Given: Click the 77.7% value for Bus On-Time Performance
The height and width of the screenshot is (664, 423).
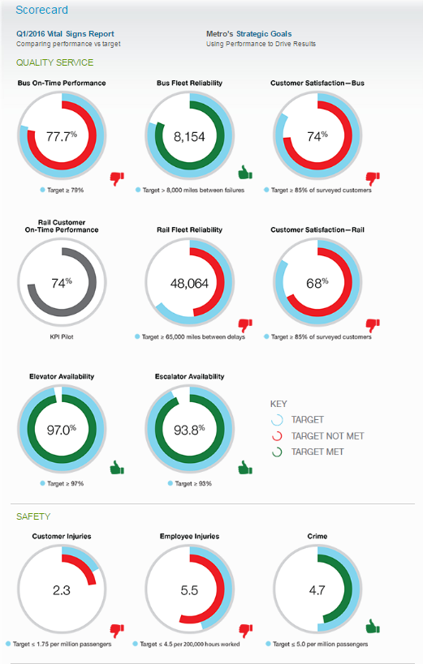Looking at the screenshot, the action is point(62,136).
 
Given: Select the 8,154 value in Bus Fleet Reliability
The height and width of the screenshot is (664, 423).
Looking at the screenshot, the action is point(189,137).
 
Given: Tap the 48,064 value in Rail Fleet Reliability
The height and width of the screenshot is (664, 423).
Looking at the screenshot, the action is point(189,283).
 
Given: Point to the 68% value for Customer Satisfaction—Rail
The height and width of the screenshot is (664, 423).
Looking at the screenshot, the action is point(317,283).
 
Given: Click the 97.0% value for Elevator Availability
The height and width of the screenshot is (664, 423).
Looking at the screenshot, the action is point(62,430).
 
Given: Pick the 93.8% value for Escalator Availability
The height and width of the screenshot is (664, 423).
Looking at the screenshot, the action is point(189,430).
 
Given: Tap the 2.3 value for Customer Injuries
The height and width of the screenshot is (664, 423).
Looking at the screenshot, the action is point(62,590).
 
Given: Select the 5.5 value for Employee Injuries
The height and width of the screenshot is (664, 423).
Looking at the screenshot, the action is point(189,590).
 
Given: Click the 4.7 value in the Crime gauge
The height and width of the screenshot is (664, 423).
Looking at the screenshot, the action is point(317,590).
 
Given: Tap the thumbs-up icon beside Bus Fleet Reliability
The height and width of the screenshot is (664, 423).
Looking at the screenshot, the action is point(245,173).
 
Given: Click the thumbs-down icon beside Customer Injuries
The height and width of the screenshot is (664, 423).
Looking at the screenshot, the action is point(117,631).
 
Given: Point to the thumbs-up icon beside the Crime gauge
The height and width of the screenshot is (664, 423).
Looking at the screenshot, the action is point(373,627).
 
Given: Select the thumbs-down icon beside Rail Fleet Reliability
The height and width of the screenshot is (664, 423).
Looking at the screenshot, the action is point(245,326).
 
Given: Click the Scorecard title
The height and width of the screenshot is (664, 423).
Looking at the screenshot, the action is point(41,10).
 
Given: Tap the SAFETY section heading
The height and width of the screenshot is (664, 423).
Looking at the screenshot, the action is point(33,516).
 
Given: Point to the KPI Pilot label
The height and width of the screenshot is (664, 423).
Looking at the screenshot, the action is point(62,337).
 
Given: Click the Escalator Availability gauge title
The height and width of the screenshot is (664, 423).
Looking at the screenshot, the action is point(189,376).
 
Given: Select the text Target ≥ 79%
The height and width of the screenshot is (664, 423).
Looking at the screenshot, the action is point(65,191).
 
